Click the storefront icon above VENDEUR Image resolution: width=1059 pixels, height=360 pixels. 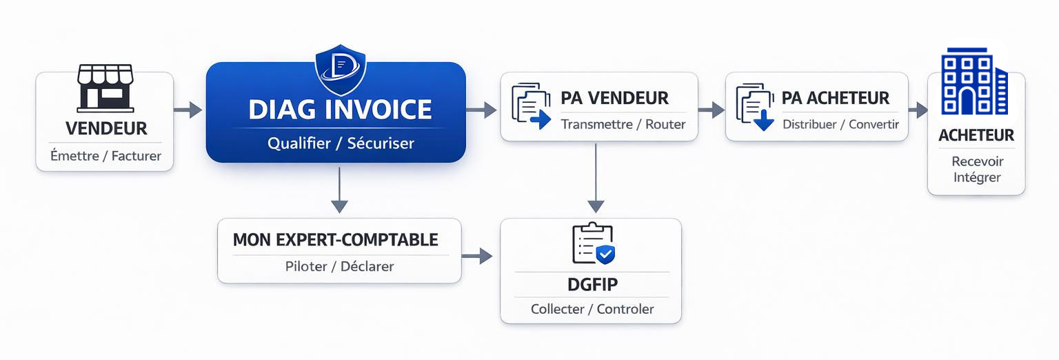[x=105, y=88]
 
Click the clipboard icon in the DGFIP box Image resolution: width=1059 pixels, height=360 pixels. [x=593, y=244]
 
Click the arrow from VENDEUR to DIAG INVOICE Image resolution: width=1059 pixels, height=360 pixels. [x=188, y=110]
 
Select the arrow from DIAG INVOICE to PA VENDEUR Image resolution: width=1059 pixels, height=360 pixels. [x=482, y=109]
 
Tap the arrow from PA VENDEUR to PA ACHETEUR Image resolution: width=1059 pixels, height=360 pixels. [x=712, y=110]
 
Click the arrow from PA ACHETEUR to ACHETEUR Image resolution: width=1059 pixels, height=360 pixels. [x=918, y=110]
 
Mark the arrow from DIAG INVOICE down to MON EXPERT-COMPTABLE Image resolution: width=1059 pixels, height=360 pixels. [x=339, y=190]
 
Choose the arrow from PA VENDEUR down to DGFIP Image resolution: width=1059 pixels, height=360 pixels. [x=596, y=179]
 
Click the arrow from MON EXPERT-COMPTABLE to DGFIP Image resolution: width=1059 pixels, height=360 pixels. [x=477, y=257]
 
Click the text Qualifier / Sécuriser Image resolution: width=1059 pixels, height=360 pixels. [x=341, y=144]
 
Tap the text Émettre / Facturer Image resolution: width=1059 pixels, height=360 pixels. [x=105, y=156]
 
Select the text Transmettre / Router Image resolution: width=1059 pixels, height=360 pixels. [x=623, y=125]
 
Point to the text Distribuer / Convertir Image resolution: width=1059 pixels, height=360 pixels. [x=840, y=125]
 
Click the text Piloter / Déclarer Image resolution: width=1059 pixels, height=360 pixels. [x=339, y=266]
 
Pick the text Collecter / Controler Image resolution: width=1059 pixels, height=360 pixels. [x=592, y=309]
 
